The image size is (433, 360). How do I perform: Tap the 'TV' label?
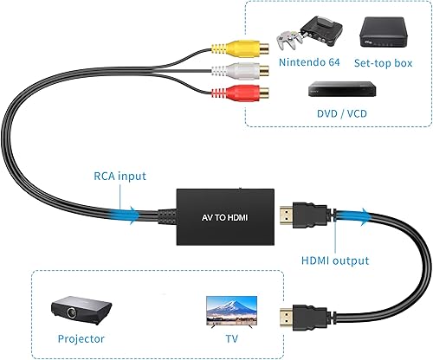229,339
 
